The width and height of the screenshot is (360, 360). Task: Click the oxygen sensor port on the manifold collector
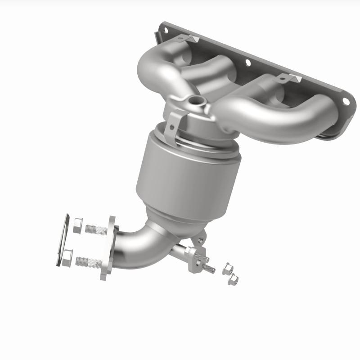coord(195,101)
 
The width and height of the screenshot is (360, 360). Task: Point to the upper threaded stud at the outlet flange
coord(95,229)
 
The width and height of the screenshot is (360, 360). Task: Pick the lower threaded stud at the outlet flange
coord(89,261)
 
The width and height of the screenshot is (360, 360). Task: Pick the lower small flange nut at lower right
coord(234,280)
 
